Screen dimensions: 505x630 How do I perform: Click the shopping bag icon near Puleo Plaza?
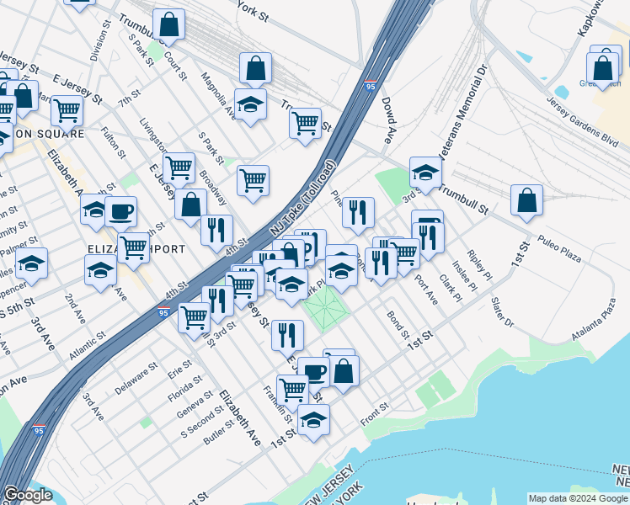(526, 201)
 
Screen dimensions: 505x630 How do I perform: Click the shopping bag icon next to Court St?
(168, 24)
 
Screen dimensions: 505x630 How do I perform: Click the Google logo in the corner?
(28, 495)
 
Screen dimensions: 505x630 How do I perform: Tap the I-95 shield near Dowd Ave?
(371, 86)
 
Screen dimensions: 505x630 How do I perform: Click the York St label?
(252, 14)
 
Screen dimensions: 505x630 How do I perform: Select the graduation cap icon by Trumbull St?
(426, 173)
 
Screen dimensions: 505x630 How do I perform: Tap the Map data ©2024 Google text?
(577, 497)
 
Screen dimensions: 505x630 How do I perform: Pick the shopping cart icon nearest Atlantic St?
(195, 317)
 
